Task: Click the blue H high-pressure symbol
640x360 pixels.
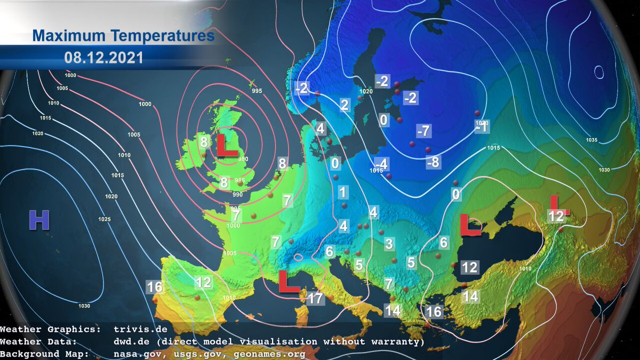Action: point(38,220)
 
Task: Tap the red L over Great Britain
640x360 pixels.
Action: point(226,146)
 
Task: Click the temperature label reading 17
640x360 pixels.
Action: point(315,298)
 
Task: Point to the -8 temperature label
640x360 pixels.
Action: point(434,163)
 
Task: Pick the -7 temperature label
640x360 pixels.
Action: point(424,130)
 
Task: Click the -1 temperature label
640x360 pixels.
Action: point(482,129)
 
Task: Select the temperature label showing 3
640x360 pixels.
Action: point(389,244)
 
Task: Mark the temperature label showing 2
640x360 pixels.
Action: point(344,105)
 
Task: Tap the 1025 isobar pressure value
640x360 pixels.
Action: point(104,219)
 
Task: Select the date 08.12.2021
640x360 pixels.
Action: point(103,57)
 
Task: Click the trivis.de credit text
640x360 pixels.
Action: point(140,330)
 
